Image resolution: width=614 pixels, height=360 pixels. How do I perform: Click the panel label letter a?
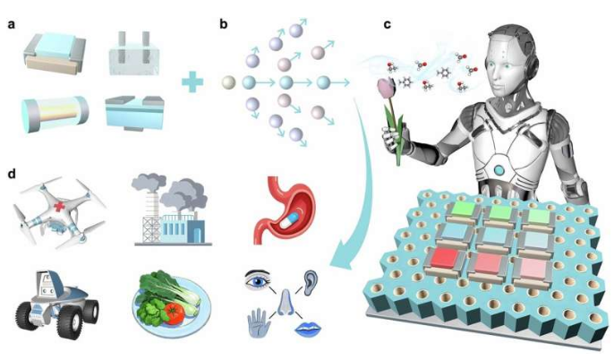pos(12,24)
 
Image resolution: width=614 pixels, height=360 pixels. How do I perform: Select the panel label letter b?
pos(224,24)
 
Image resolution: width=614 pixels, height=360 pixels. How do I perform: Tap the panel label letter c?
pos(387,24)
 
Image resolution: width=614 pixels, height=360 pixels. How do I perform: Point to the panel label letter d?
pos(12,169)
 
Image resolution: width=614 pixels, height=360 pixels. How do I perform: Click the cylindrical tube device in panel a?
pos(53,115)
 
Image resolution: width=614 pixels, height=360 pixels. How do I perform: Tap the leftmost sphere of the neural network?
pos(228,84)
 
